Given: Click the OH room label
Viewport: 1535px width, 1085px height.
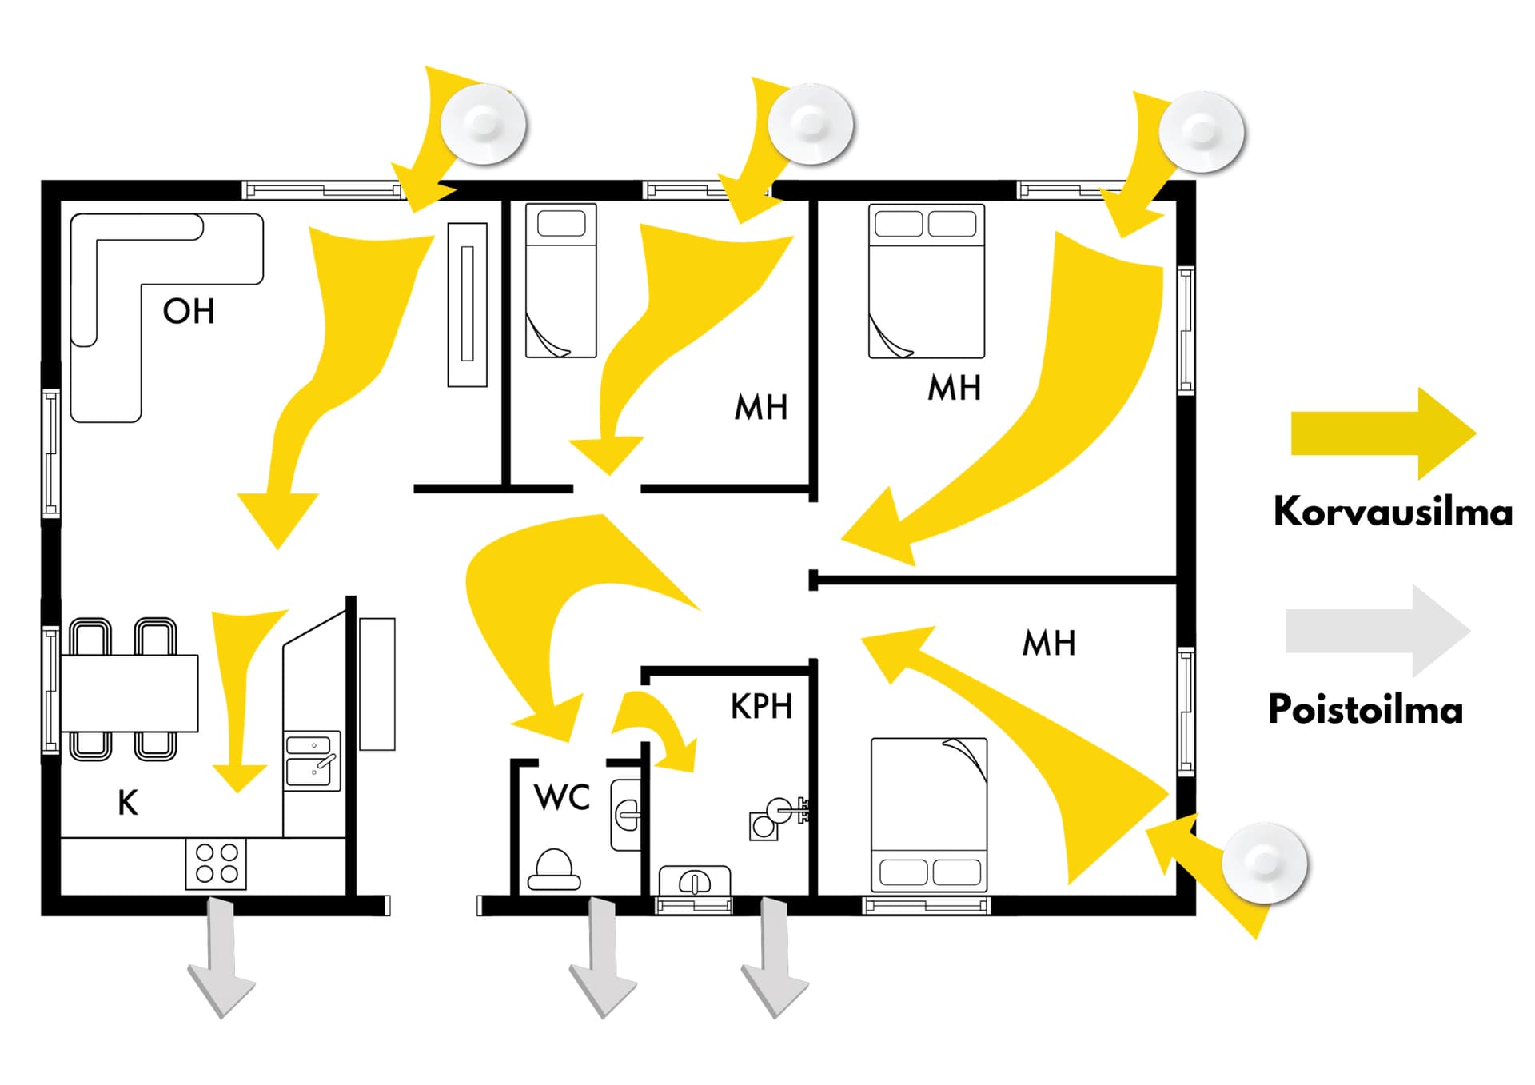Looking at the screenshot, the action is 189,311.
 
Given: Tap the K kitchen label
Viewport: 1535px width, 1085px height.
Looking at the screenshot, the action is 128,802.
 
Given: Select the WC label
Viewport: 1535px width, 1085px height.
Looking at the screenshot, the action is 562,797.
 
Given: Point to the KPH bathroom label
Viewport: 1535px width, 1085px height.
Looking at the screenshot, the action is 761,706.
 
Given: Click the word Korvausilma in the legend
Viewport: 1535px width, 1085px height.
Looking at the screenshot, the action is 1393,511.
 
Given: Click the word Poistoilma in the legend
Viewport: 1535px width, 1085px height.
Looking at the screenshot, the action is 1366,709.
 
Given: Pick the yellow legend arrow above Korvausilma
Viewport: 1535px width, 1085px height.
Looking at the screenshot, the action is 1384,434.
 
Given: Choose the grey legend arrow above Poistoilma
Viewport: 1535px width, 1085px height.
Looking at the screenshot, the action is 1378,631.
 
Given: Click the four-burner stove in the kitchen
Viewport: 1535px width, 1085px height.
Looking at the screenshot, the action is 216,864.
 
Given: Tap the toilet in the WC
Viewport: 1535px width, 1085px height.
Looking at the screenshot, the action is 553,869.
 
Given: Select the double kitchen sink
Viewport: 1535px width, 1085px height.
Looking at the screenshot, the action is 313,761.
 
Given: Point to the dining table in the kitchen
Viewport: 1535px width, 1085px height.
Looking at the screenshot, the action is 130,693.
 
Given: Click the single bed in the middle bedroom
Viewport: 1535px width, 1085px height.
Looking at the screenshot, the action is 561,281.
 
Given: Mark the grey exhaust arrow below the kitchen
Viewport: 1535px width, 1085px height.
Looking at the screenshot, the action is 221,958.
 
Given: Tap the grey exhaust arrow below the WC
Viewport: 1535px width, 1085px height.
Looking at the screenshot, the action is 603,958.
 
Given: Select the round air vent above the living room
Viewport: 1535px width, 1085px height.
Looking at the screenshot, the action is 484,124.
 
